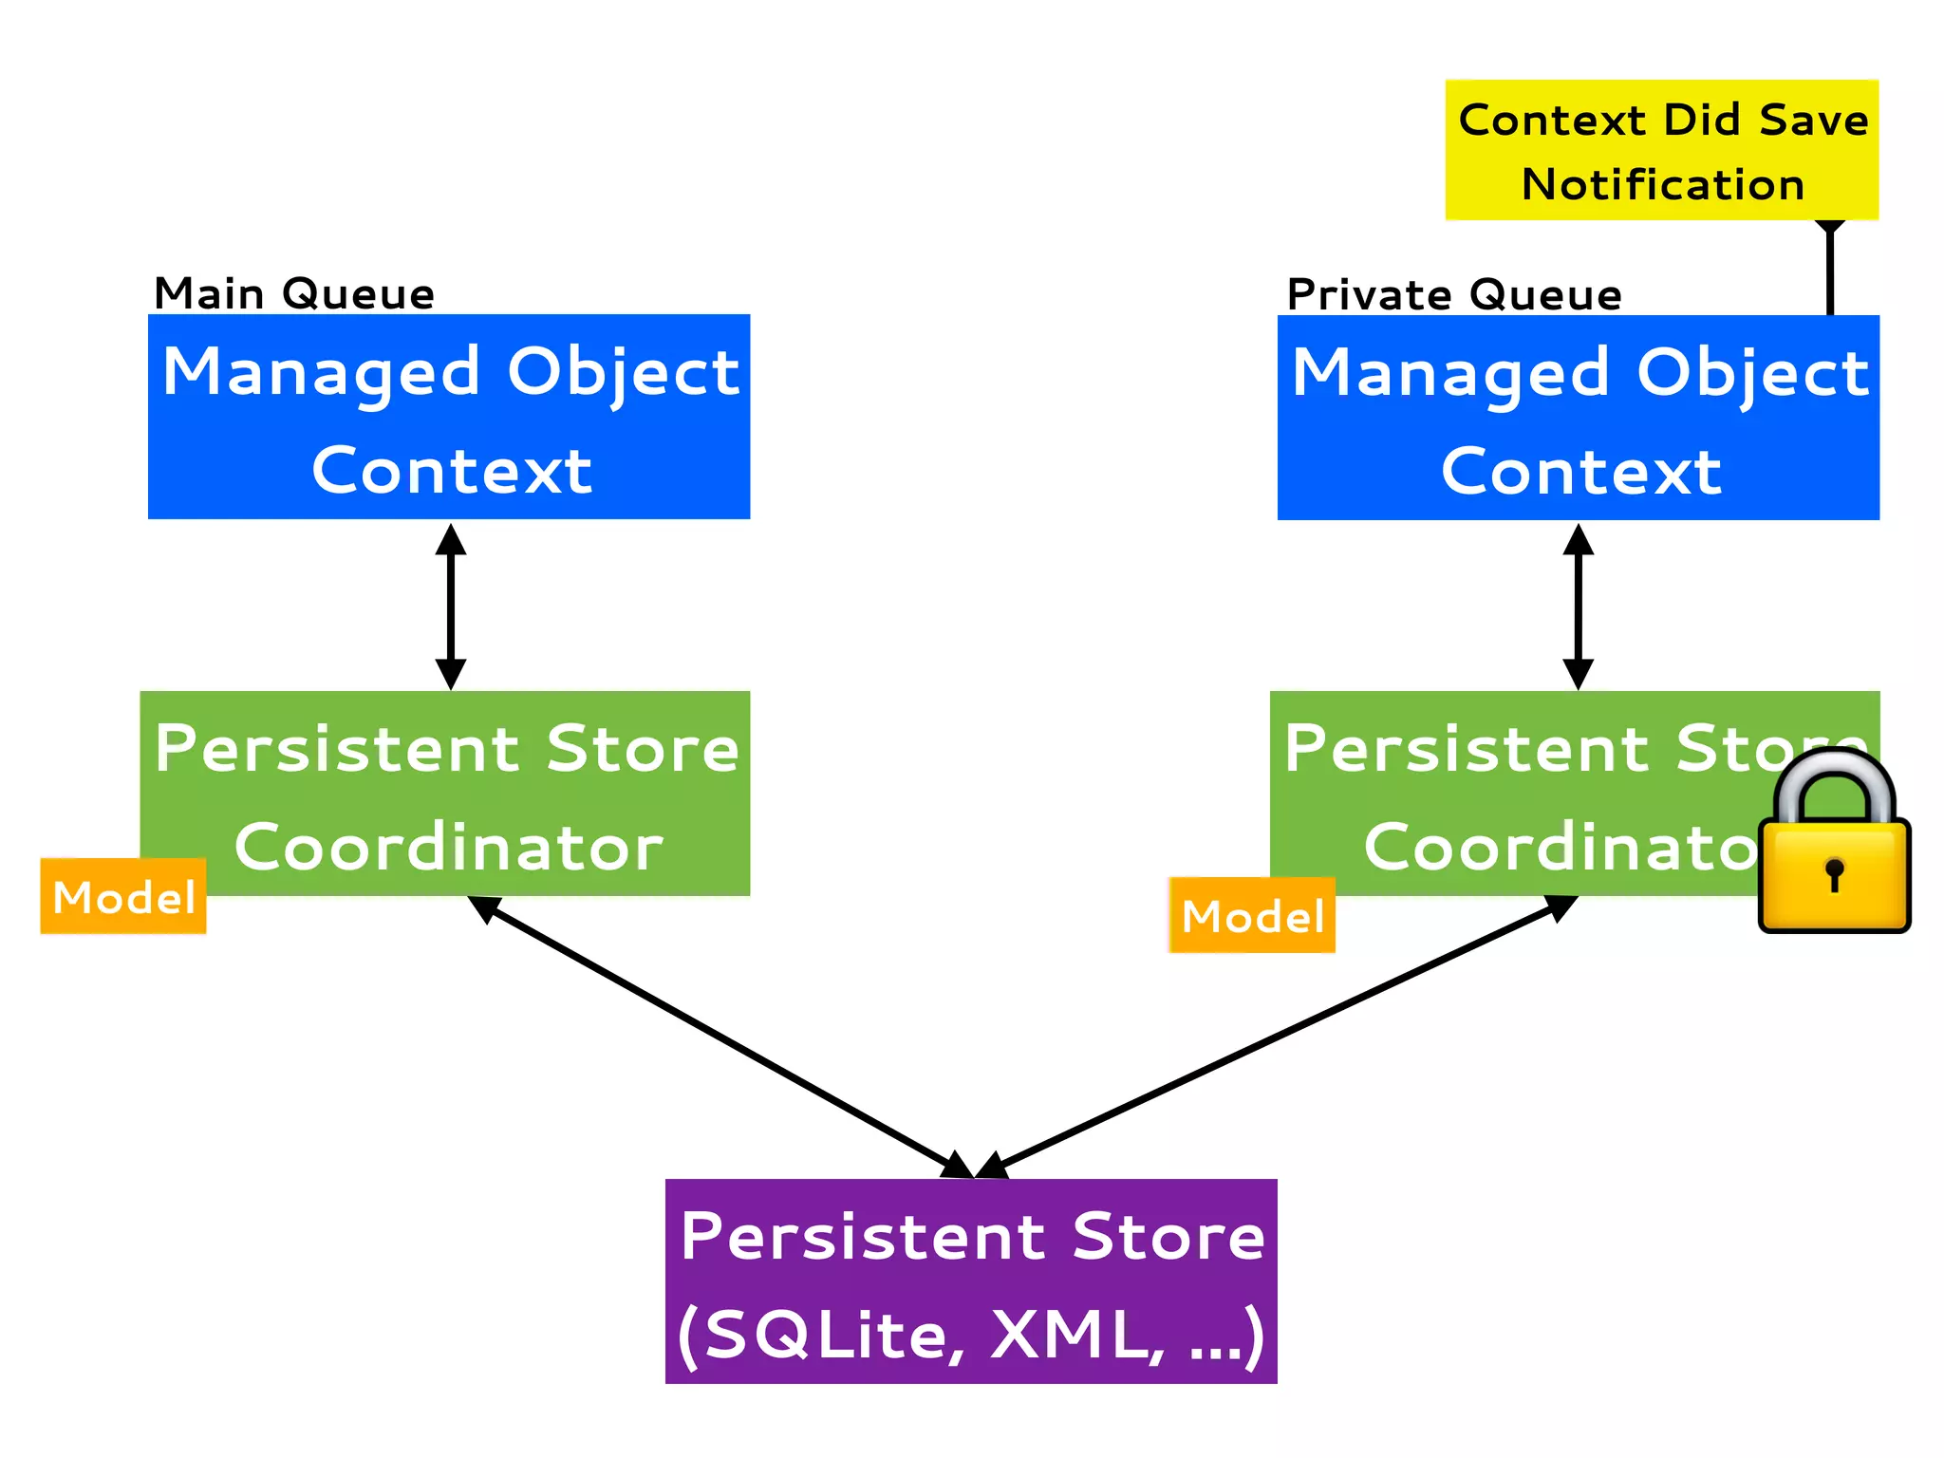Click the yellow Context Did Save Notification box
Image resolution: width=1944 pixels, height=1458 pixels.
(x=1661, y=149)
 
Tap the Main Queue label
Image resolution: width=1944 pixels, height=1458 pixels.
(x=294, y=293)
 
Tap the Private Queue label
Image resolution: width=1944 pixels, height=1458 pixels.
(x=1454, y=294)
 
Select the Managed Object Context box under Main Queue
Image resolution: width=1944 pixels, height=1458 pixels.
(x=449, y=417)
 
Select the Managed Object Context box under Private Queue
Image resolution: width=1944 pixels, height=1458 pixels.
(x=1578, y=418)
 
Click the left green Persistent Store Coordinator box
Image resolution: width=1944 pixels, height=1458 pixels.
(x=446, y=794)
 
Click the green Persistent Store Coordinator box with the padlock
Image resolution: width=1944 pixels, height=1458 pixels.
(x=1519, y=794)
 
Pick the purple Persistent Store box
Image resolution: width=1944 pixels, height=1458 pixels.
(x=971, y=1281)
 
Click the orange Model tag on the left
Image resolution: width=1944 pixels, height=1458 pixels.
(x=123, y=897)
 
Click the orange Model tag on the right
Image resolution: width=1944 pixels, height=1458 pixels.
(x=1252, y=916)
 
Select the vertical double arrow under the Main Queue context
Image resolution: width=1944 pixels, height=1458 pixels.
(x=450, y=607)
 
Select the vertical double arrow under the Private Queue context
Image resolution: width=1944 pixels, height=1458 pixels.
(x=1578, y=607)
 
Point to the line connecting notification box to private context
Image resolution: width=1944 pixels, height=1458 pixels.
(x=1829, y=271)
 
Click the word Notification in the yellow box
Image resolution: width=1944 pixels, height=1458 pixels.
(x=1662, y=184)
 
